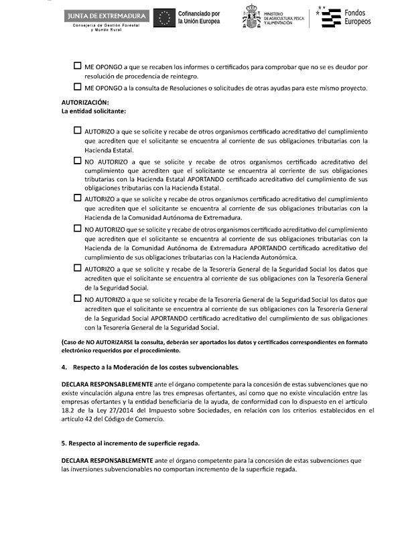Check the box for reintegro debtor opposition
point(77,67)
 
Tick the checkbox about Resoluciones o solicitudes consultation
point(77,87)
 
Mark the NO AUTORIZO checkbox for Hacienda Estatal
point(77,161)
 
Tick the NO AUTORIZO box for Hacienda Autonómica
point(77,228)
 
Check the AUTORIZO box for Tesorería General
point(77,268)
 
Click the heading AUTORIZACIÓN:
point(84,102)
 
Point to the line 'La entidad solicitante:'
point(93,111)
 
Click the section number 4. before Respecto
point(64,367)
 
